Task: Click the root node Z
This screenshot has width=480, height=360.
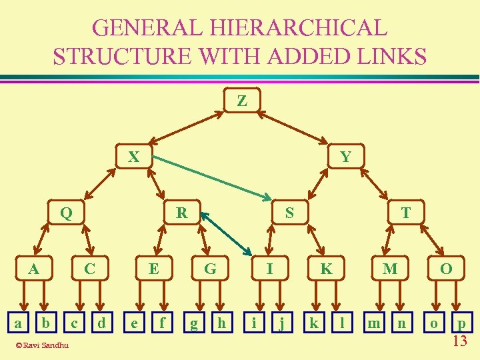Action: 242,101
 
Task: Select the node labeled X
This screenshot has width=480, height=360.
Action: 134,157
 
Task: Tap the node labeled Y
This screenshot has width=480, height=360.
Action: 345,157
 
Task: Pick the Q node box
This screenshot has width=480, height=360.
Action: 66,213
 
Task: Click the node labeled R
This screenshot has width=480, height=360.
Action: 181,213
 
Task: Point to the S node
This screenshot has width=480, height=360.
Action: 289,213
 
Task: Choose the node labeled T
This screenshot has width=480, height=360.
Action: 405,213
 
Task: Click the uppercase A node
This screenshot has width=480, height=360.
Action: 33,269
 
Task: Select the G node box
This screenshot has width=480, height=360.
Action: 211,269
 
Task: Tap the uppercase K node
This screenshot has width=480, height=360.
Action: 326,269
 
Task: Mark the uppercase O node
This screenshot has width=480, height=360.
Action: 446,269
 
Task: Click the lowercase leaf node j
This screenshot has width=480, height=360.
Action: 283,323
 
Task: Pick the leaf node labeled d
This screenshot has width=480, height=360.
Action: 101,323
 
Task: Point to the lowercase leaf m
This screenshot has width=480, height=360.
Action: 375,323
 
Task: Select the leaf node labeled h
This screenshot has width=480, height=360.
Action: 222,323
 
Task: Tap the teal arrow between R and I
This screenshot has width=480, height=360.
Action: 226,234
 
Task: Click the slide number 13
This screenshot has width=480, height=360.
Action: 459,342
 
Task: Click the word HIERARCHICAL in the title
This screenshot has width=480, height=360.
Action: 289,29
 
